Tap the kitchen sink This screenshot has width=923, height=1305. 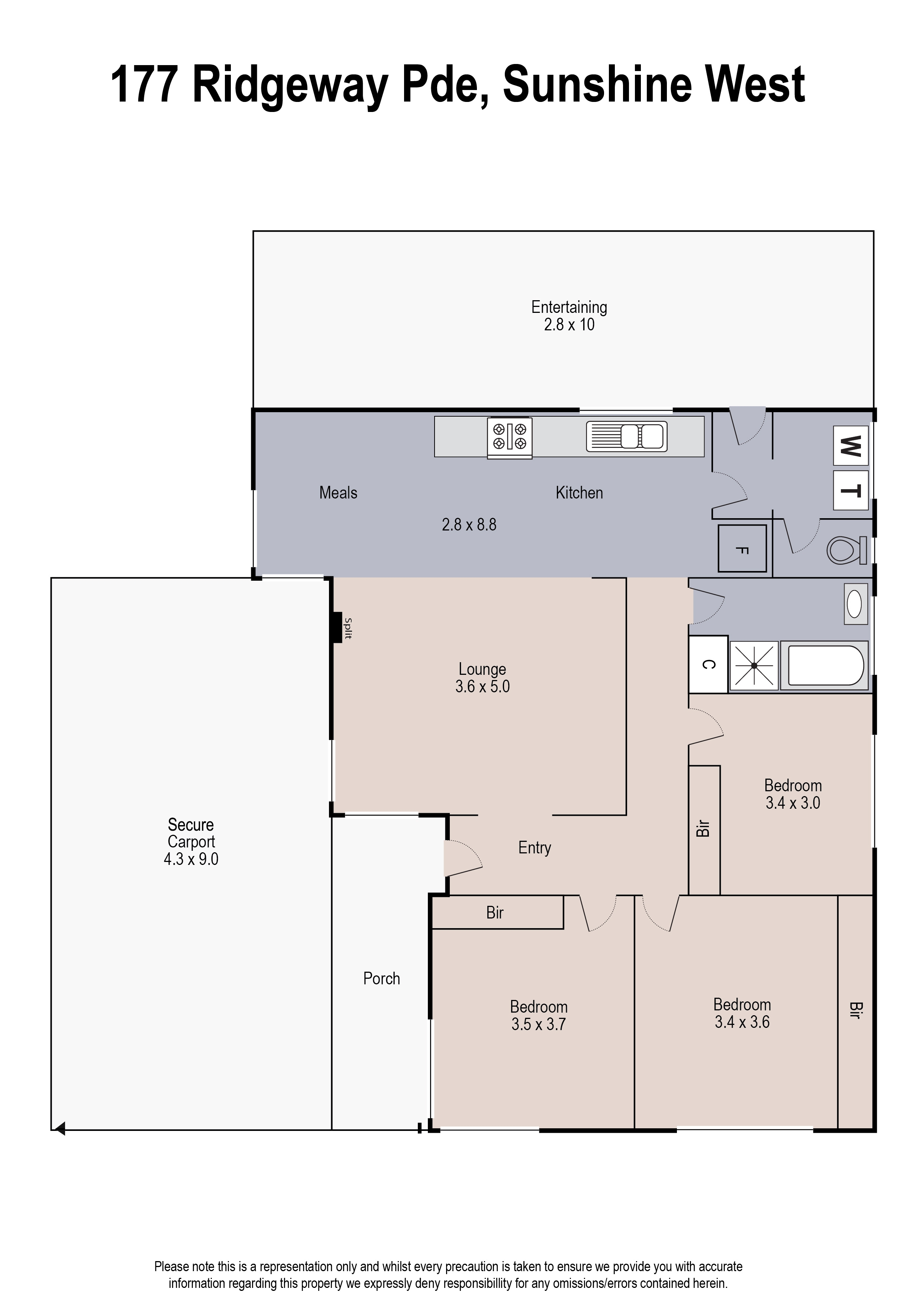click(627, 437)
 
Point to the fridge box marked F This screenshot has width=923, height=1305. click(742, 549)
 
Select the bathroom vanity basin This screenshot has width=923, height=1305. click(855, 603)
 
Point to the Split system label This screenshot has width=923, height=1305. click(348, 628)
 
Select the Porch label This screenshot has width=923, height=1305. click(381, 979)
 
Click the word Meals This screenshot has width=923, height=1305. click(338, 493)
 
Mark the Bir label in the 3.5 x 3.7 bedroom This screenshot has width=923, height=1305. click(495, 913)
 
